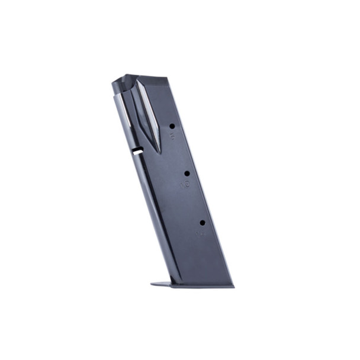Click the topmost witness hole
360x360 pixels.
172,126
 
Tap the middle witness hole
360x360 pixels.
187,173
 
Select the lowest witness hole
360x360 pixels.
202,222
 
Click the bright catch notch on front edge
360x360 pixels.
137,151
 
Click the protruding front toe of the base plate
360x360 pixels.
155,284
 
